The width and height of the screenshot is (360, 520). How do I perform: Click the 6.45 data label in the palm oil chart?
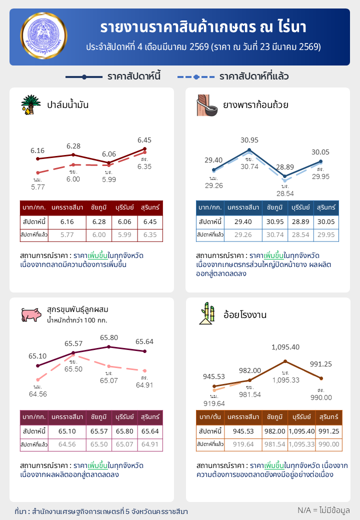(x=144, y=140)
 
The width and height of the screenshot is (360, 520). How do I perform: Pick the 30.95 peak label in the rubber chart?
(x=249, y=140)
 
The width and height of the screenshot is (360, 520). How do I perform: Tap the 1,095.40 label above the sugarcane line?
(x=285, y=347)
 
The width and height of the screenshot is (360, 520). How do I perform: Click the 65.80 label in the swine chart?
(x=109, y=337)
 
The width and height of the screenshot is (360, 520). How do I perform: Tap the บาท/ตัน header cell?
(x=210, y=416)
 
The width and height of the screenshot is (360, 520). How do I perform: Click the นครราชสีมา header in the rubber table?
(x=243, y=207)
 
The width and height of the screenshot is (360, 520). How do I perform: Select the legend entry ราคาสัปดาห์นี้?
(x=113, y=76)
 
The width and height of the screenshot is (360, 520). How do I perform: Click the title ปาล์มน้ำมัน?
(x=68, y=105)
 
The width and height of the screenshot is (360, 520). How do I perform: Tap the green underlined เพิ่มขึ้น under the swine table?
(x=98, y=464)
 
